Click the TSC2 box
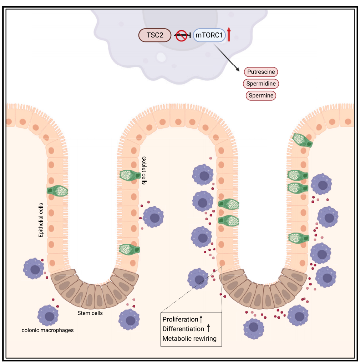pos(154,35)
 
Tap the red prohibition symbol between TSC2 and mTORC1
pos(182,35)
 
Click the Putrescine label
pos(261,72)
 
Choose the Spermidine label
pos(261,84)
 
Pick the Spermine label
pos(261,95)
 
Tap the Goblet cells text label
pos(144,170)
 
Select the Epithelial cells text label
pos(41,220)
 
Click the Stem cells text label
pos(90,313)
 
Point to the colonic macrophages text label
pos(48,330)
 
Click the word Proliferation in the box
pos(180,319)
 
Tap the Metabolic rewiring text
pos(189,338)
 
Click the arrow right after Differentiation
pos(209,328)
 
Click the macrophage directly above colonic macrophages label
pos(48,315)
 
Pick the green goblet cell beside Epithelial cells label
pos(57,190)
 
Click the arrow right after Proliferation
pos(201,319)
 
